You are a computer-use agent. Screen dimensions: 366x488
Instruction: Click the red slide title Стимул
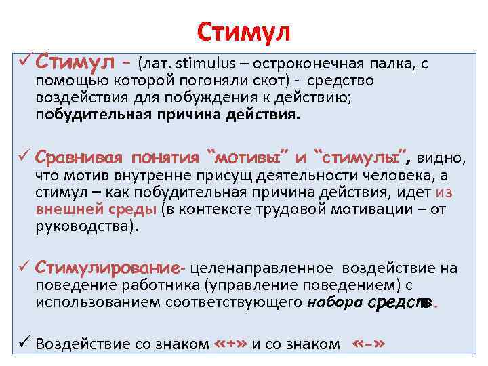pos(243,31)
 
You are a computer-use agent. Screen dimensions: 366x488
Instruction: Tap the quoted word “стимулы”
pos(362,159)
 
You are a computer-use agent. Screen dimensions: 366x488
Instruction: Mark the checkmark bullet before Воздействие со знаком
pos(23,344)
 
